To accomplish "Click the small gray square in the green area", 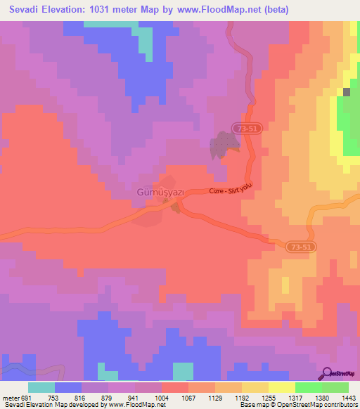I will click(x=347, y=92).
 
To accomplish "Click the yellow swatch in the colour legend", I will click(x=281, y=387).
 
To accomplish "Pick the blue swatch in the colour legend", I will click(x=68, y=387).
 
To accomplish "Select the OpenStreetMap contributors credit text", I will click(x=323, y=405).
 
